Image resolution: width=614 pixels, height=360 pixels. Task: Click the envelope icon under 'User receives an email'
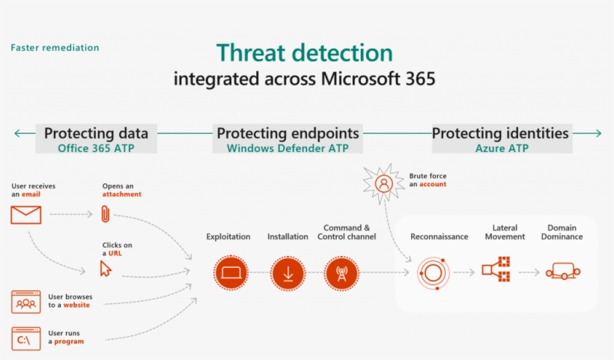pos(26,215)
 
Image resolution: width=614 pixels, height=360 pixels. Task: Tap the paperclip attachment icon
pos(106,213)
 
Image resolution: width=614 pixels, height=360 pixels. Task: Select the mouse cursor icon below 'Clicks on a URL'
pos(106,269)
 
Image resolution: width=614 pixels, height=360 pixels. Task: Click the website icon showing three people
pos(26,302)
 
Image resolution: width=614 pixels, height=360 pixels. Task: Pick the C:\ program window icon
pos(26,338)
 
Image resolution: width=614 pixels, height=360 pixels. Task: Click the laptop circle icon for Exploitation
pos(231,272)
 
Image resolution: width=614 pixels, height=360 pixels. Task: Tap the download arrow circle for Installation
pos(288,272)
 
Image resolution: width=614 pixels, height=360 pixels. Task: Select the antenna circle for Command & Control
pos(342,272)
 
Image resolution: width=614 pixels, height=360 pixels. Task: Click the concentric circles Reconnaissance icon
pos(433,272)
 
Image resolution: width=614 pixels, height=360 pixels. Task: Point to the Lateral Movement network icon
pos(496,269)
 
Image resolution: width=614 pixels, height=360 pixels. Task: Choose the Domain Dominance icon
pos(563,271)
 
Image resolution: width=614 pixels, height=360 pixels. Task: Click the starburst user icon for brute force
pos(383,183)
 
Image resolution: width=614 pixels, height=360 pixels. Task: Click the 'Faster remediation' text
pos(55,48)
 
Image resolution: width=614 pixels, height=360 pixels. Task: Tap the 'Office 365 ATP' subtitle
pos(96,148)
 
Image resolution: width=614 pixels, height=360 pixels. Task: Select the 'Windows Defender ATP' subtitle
pos(288,148)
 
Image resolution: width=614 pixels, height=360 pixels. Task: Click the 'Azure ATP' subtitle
pos(502,148)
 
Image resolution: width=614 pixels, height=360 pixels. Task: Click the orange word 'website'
pos(76,305)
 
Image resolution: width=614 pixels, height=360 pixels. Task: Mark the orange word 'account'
pos(433,184)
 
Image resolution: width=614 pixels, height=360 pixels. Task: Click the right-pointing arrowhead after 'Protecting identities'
pos(598,133)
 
